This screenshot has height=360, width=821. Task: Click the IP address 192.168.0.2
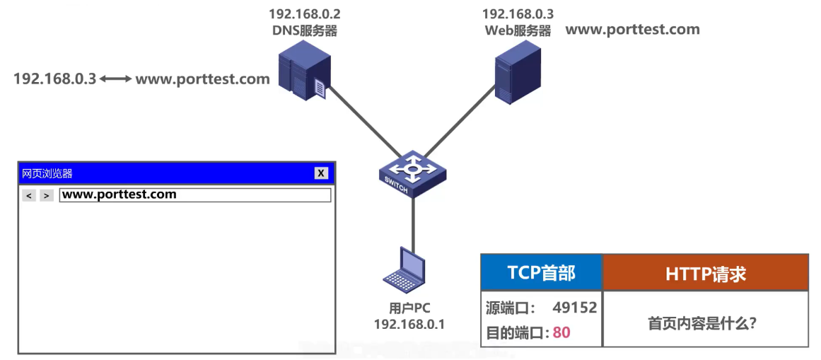[304, 13]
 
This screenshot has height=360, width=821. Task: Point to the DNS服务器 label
[304, 30]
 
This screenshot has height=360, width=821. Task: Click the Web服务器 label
[518, 30]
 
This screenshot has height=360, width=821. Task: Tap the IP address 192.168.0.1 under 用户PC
[409, 324]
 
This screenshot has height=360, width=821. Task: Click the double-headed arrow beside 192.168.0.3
[115, 79]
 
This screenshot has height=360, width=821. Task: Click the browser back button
[29, 195]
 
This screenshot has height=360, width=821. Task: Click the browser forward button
[47, 195]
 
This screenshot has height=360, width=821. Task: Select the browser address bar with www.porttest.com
[195, 194]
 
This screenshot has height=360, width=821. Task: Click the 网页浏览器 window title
[47, 173]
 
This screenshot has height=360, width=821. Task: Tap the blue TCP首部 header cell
[541, 273]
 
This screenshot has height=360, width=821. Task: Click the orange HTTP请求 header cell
[705, 273]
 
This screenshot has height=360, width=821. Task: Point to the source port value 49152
[575, 308]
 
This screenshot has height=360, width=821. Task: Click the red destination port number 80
[561, 332]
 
